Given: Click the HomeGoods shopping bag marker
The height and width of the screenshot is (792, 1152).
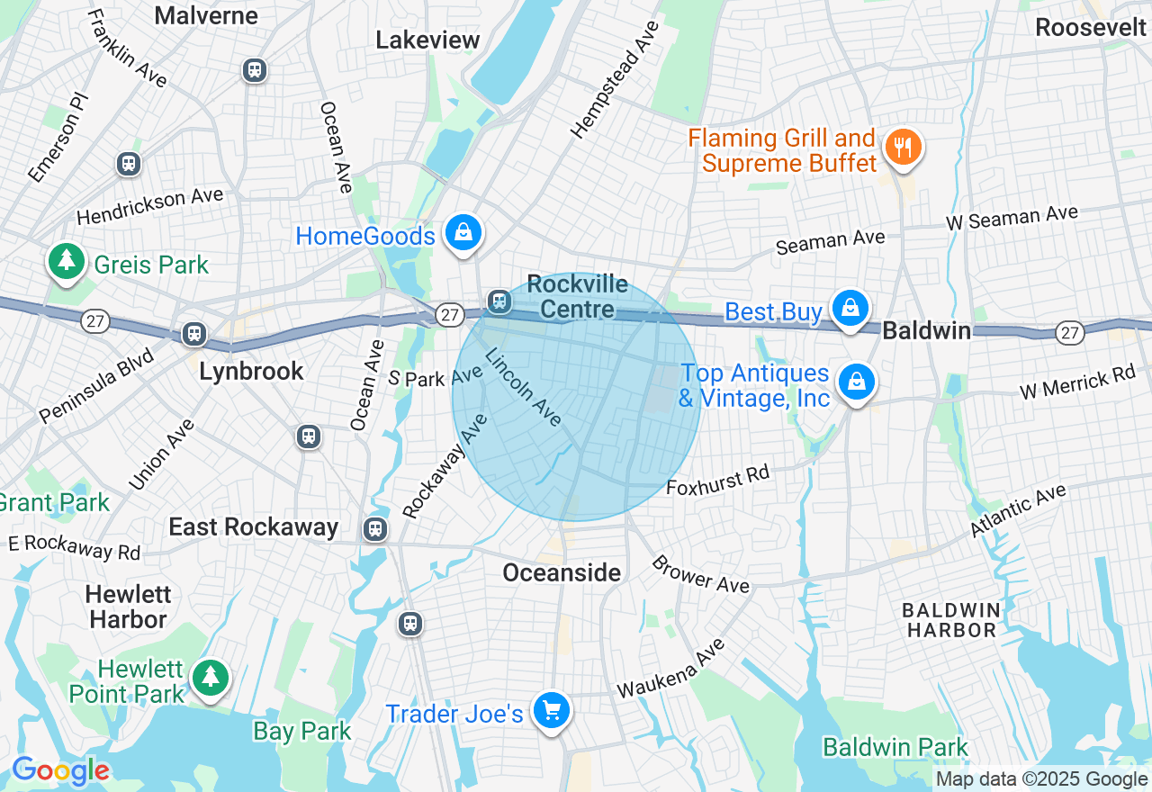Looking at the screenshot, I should (x=463, y=233).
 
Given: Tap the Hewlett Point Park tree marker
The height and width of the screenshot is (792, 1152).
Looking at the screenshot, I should (x=211, y=676).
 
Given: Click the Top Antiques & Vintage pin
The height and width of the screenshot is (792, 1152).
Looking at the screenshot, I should (x=857, y=382).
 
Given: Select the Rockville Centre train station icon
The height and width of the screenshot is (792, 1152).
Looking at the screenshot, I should (x=499, y=301).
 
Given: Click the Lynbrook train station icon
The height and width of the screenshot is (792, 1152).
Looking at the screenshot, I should (x=193, y=334).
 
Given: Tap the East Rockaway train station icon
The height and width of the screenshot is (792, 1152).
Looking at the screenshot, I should (x=375, y=528).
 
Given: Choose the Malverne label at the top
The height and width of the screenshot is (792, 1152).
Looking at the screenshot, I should (x=206, y=15).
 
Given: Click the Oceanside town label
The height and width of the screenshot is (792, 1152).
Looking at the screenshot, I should (x=562, y=572).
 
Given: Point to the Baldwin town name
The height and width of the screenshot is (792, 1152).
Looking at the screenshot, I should (x=926, y=330).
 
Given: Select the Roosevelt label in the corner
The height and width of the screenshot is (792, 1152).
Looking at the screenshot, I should (x=1090, y=27).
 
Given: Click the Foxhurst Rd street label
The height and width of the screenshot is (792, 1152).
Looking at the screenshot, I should (x=718, y=481).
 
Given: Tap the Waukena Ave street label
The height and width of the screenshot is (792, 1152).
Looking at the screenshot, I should (x=670, y=670).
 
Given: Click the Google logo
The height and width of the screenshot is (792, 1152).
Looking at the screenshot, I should (x=60, y=770).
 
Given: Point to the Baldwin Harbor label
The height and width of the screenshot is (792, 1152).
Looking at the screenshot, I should (x=951, y=620).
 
